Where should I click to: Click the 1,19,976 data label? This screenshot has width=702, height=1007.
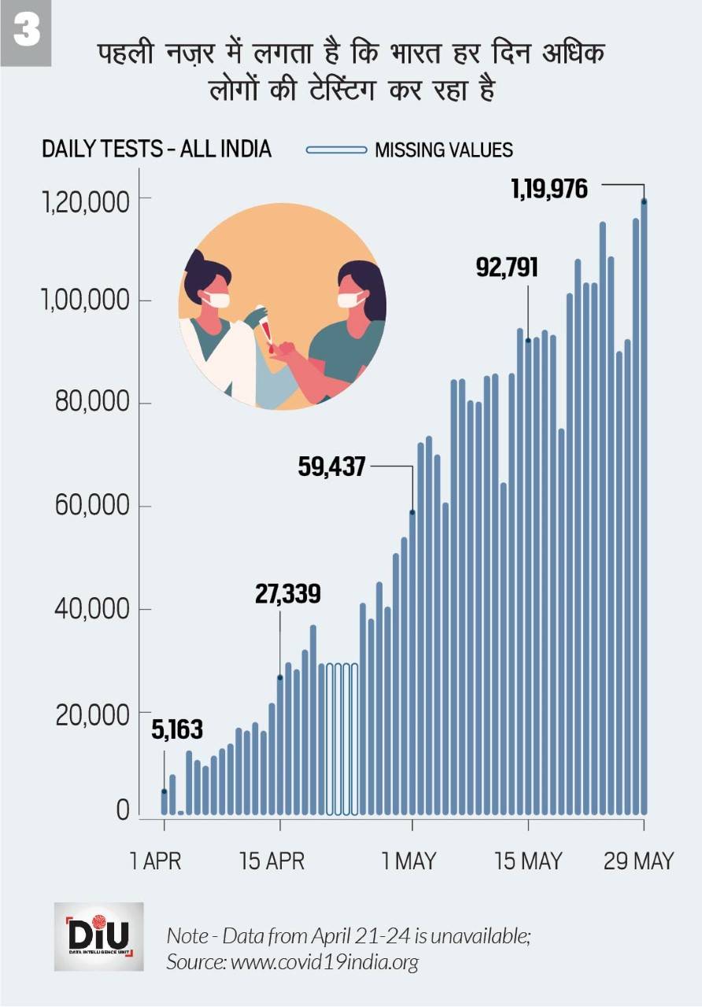click(549, 189)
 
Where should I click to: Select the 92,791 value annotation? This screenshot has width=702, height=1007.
click(507, 267)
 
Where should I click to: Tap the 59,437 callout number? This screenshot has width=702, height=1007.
click(331, 467)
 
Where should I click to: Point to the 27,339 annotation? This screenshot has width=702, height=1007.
click(287, 594)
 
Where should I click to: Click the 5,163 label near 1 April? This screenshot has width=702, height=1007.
click(177, 730)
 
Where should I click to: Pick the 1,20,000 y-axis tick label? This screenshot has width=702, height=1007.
click(85, 202)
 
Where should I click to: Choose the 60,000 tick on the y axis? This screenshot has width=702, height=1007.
click(91, 506)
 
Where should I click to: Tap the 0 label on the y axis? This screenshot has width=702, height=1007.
click(123, 810)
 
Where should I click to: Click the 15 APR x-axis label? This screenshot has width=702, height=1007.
click(272, 861)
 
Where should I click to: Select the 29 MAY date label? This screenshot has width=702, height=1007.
click(638, 861)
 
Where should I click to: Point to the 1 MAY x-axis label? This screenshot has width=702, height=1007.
click(408, 861)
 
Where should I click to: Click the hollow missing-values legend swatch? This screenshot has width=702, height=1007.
click(336, 149)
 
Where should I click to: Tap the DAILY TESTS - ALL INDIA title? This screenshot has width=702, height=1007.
click(156, 149)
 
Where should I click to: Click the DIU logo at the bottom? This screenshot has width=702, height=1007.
click(99, 936)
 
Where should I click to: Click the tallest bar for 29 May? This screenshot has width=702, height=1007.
click(644, 503)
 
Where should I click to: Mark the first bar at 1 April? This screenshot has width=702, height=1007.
click(164, 802)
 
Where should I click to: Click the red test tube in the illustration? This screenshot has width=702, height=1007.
click(267, 330)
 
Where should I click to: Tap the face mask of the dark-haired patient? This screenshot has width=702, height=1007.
click(350, 299)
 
